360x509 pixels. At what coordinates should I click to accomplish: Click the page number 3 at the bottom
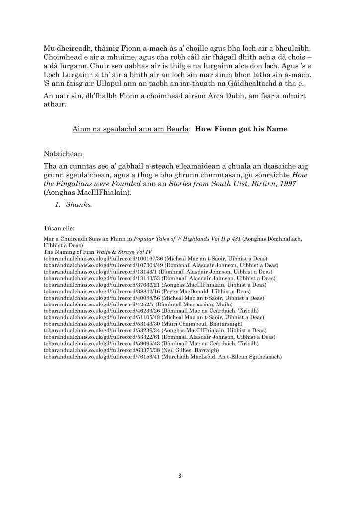point(180,476)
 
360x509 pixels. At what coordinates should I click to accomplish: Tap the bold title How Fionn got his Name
point(241,129)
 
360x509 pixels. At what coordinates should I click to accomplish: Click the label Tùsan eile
point(59,229)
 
